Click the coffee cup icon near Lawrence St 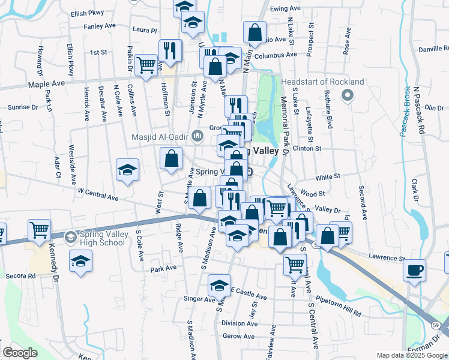point(414,269)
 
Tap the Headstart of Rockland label point(323,82)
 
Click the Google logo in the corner point(20,353)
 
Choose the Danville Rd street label point(433,48)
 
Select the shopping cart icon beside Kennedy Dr point(38,229)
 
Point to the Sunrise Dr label point(22,107)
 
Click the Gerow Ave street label point(235,337)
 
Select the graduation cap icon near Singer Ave point(220,285)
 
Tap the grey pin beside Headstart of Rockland point(347,95)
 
